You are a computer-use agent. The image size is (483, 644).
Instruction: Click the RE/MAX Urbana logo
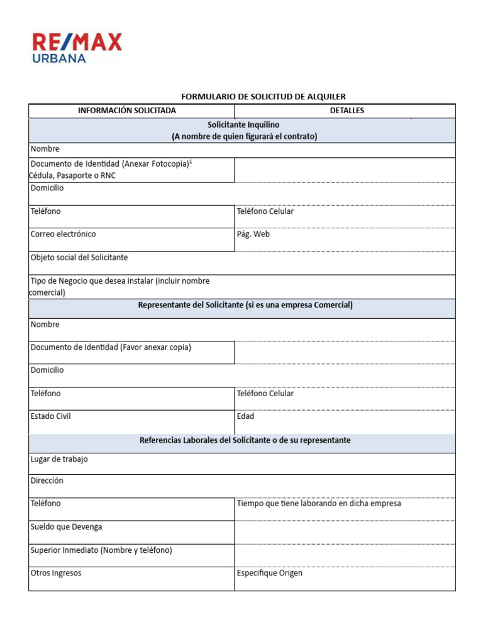(x=77, y=48)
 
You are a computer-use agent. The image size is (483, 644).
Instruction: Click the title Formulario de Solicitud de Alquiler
(x=264, y=96)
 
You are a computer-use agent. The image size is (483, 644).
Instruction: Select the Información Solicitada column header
(x=127, y=111)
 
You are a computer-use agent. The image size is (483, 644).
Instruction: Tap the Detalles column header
(x=347, y=111)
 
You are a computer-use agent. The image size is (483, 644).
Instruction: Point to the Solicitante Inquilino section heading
(x=243, y=125)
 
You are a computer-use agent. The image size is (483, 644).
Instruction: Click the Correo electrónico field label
(x=64, y=234)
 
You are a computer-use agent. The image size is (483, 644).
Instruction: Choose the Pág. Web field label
(x=253, y=234)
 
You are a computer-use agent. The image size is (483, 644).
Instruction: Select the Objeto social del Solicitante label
(x=79, y=257)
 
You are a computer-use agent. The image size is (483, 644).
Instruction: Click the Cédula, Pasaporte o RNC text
(x=72, y=175)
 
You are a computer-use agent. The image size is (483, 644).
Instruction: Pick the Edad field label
(x=246, y=416)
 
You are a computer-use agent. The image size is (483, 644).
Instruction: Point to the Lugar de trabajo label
(x=59, y=459)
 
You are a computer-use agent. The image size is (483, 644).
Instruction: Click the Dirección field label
(x=47, y=480)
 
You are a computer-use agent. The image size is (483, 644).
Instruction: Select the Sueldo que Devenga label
(x=66, y=526)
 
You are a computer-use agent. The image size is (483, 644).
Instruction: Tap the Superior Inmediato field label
(x=101, y=550)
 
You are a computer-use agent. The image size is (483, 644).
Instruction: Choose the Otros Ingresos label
(x=56, y=573)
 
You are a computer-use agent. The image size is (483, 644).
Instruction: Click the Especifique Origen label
(x=270, y=573)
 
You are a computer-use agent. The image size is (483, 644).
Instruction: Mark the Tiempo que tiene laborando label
(x=319, y=503)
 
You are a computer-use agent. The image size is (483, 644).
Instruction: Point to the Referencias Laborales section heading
(x=245, y=440)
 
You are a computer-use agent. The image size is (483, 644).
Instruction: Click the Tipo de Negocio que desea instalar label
(x=120, y=280)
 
